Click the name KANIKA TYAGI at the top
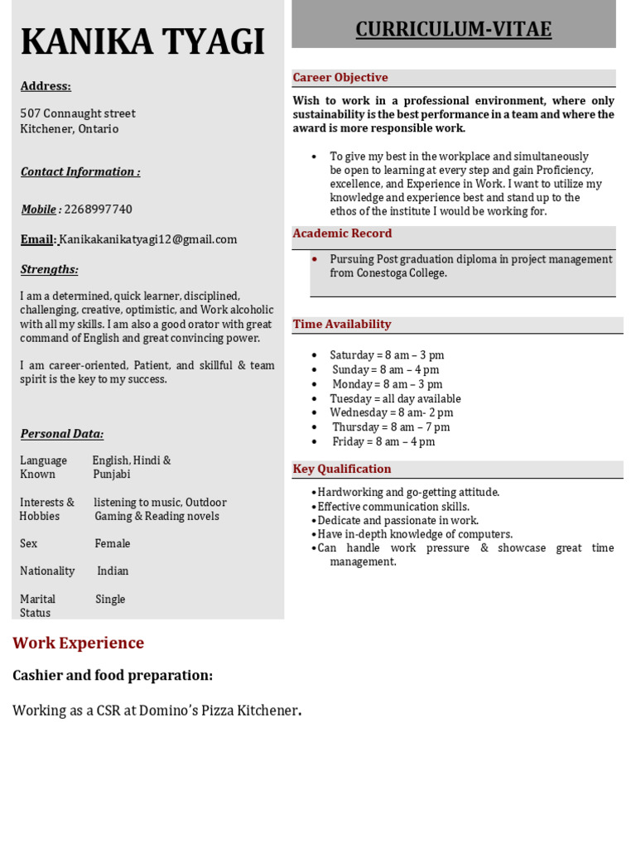pyautogui.click(x=142, y=42)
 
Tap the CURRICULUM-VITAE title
pyautogui.click(x=453, y=30)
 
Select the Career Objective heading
pyautogui.click(x=340, y=78)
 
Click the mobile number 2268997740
pyautogui.click(x=98, y=210)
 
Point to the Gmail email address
pyautogui.click(x=148, y=239)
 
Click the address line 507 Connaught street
pyautogui.click(x=78, y=113)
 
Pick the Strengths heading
pyautogui.click(x=49, y=269)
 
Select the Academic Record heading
pyautogui.click(x=342, y=234)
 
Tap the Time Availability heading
pyautogui.click(x=342, y=325)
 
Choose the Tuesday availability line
pyautogui.click(x=395, y=399)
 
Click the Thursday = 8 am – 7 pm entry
pyautogui.click(x=391, y=427)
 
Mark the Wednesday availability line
pyautogui.click(x=391, y=413)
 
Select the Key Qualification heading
pyautogui.click(x=342, y=470)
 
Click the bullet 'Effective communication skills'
pyautogui.click(x=393, y=507)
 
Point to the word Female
pyautogui.click(x=113, y=544)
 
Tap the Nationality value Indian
pyautogui.click(x=113, y=571)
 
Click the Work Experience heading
pyautogui.click(x=79, y=643)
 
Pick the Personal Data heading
pyautogui.click(x=62, y=434)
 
